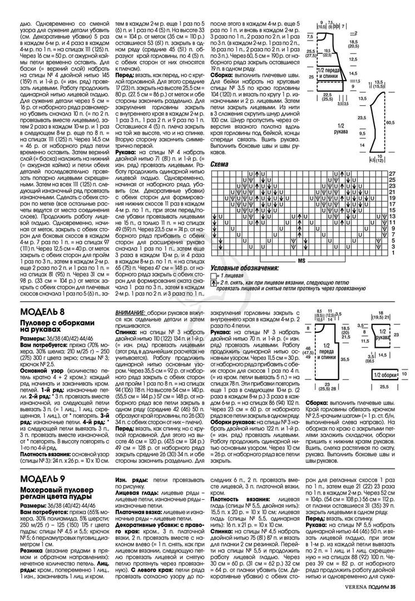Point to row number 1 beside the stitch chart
392,254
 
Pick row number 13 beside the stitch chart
392,216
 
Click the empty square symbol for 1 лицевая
214,276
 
